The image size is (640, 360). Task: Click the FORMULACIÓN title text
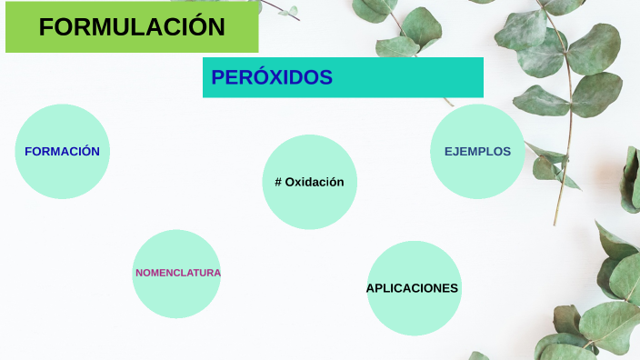pos(132,27)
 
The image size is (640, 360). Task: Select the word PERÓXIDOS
pos(272,78)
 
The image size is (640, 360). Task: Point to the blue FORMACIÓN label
pos(62,152)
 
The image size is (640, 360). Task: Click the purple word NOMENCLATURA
pos(178,273)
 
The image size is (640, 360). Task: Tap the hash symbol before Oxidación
pos(278,182)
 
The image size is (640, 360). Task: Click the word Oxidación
pos(315,182)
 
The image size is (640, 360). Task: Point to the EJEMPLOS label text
pos(477,152)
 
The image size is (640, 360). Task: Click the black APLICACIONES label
pos(412,288)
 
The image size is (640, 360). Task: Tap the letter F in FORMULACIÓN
pos(45,27)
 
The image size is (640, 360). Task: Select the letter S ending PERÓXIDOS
pos(326,78)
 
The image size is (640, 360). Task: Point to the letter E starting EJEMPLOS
pos(448,152)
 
